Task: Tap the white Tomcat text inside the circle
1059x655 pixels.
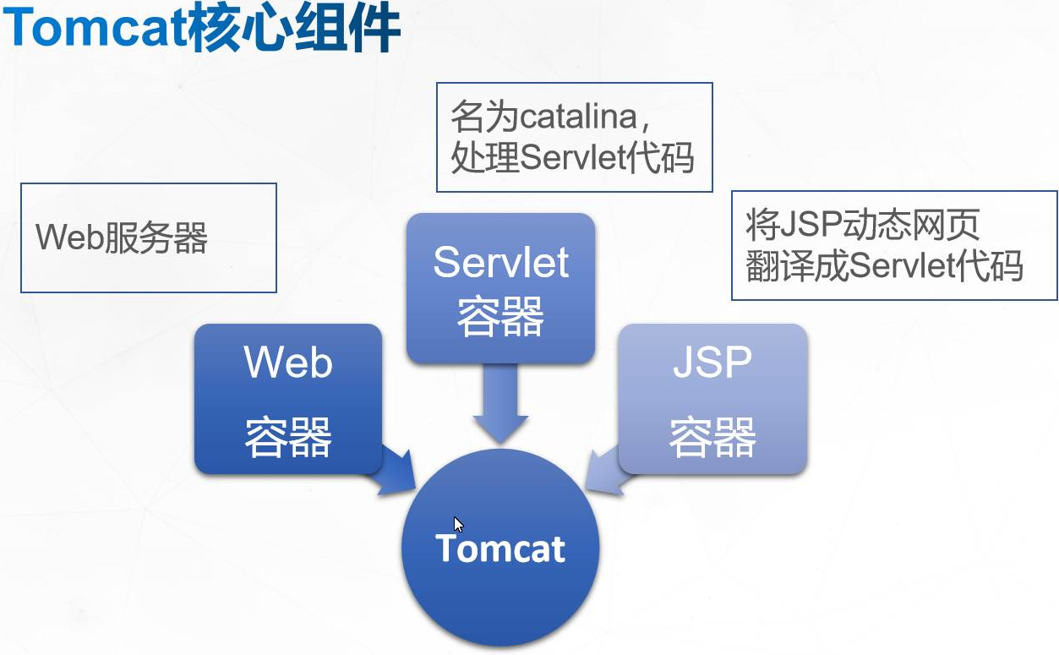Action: tap(500, 549)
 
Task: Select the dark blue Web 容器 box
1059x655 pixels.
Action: tap(288, 398)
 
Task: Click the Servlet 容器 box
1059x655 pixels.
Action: tap(500, 288)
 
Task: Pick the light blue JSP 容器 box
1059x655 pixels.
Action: tap(712, 398)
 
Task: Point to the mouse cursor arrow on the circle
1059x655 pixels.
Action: tap(458, 524)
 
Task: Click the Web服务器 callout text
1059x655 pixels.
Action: tap(122, 238)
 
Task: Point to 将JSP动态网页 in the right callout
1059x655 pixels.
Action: tap(863, 224)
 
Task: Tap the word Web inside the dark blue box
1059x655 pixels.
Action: tap(288, 362)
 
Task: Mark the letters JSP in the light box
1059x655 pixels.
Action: tap(712, 362)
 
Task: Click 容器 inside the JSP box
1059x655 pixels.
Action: tap(712, 437)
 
